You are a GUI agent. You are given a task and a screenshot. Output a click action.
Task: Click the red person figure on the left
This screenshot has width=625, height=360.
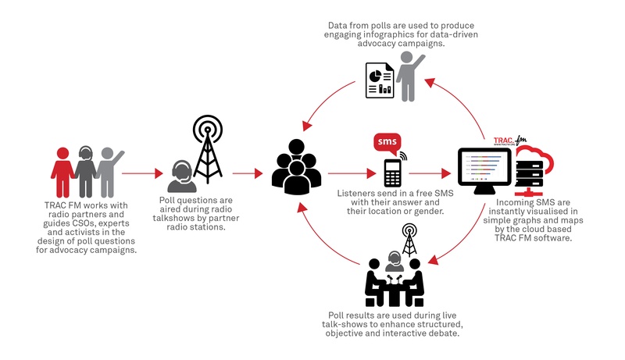pyautogui.click(x=62, y=172)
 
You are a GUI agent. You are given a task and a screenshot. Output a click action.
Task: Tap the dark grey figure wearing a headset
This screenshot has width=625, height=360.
pyautogui.click(x=85, y=172)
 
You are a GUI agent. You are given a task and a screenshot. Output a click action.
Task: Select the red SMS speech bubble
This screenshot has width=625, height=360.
pyautogui.click(x=387, y=144)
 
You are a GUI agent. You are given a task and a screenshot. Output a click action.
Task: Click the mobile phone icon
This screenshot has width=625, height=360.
pyautogui.click(x=392, y=173)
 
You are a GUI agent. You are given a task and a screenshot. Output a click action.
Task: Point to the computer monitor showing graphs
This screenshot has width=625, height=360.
pyautogui.click(x=484, y=170)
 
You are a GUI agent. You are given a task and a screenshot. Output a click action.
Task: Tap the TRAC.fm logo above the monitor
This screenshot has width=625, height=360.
pyautogui.click(x=510, y=141)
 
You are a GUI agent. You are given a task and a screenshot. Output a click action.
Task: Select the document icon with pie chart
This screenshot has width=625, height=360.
pyautogui.click(x=380, y=80)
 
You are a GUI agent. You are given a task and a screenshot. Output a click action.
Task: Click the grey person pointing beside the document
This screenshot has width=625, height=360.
pyautogui.click(x=409, y=77)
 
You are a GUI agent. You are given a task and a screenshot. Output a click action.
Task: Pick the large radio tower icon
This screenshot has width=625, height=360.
pyautogui.click(x=207, y=149)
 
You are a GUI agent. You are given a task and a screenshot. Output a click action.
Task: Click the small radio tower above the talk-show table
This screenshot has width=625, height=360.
pyautogui.click(x=409, y=239)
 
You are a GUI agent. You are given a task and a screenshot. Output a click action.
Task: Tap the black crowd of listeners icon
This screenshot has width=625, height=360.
pyautogui.click(x=296, y=167)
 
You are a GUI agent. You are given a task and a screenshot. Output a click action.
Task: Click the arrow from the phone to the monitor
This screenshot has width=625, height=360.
pyautogui.click(x=430, y=173)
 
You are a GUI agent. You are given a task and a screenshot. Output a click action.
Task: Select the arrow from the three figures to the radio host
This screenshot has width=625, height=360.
pyautogui.click(x=142, y=173)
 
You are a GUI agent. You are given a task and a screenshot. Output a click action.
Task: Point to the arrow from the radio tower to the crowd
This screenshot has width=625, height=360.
pyautogui.click(x=248, y=173)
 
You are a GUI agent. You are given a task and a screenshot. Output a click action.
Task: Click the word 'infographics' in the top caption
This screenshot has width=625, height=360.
pyautogui.click(x=389, y=34)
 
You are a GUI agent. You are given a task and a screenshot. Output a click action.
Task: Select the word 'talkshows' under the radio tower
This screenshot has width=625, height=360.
pyautogui.click(x=173, y=218)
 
